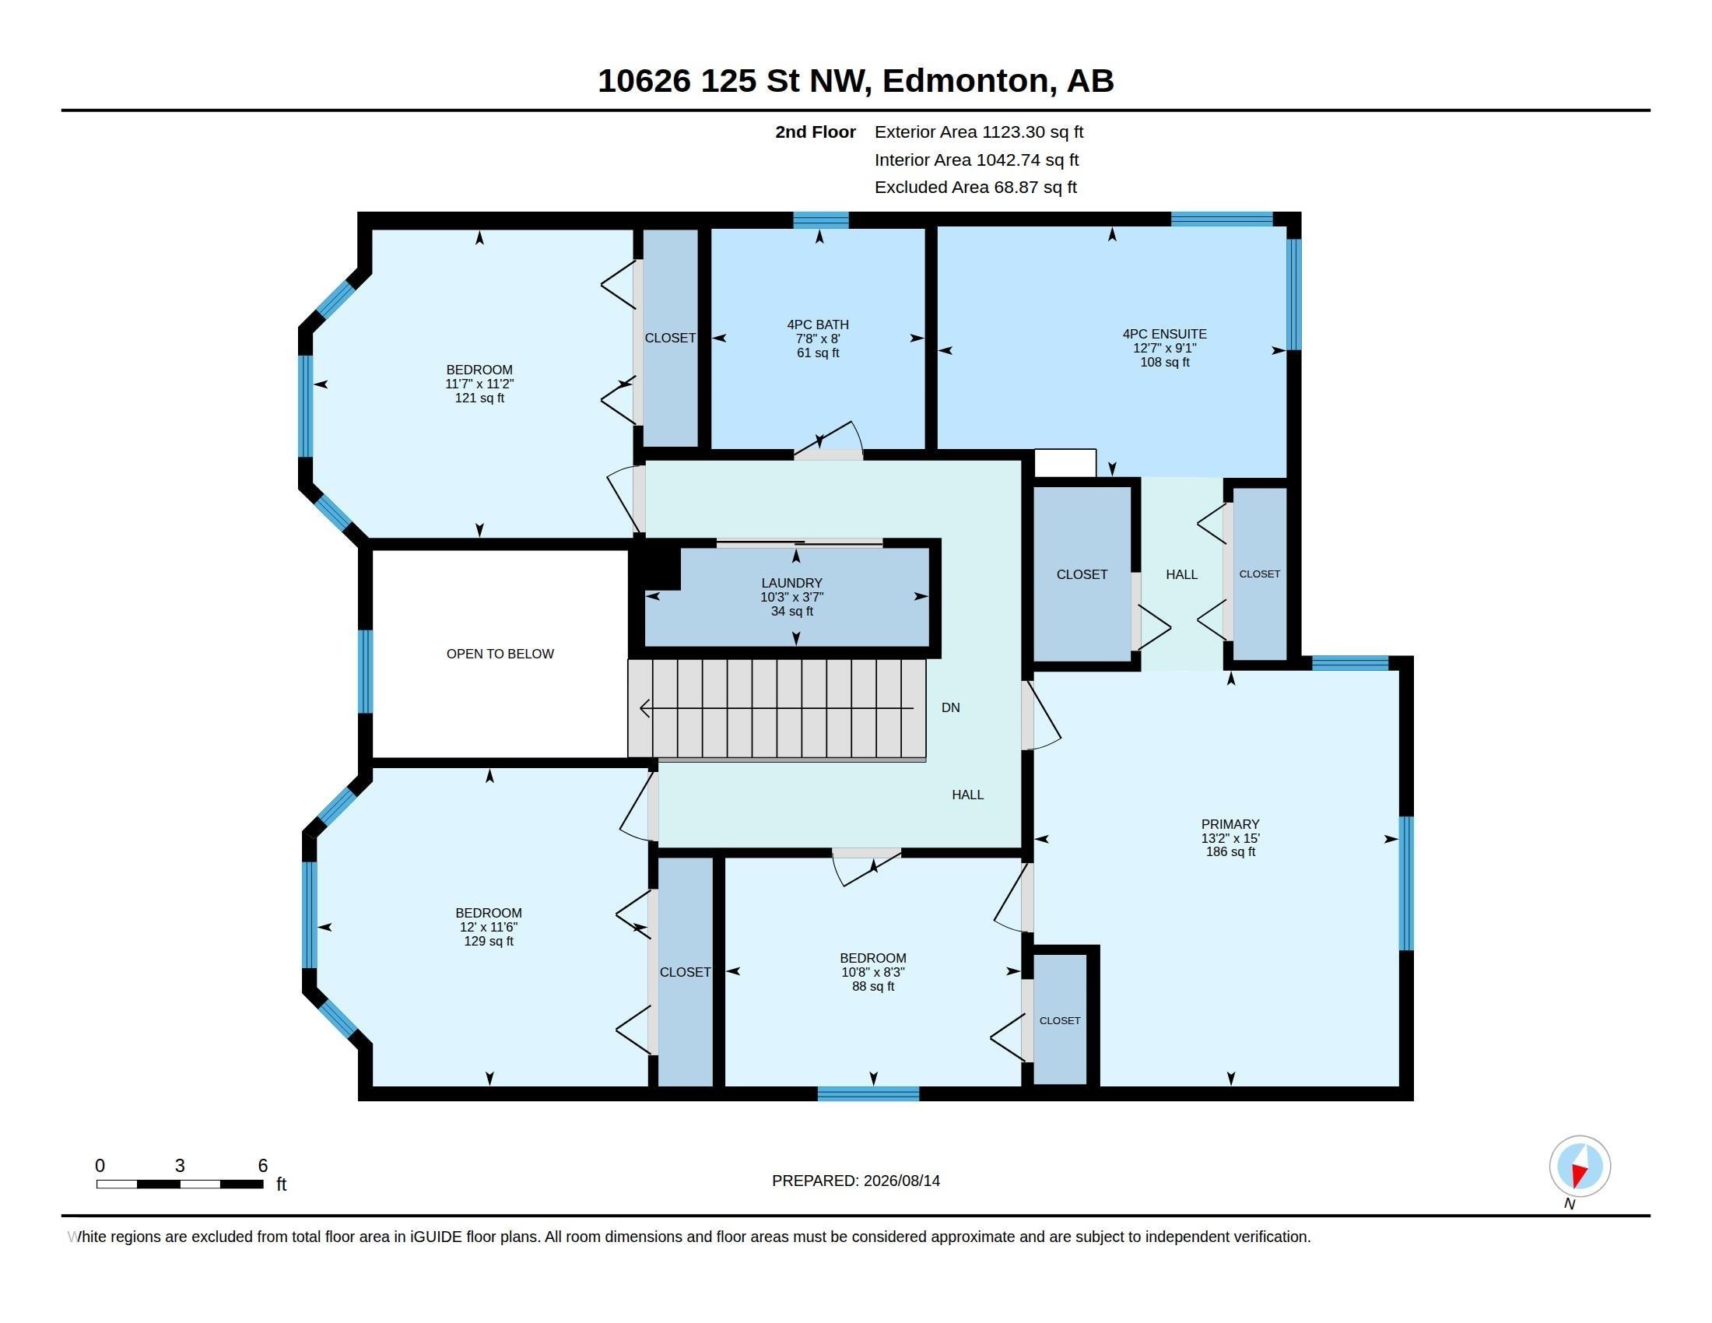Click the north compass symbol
[x=1580, y=1166]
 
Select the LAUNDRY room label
[x=791, y=583]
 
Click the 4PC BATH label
[x=818, y=325]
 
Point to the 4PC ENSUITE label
[x=1164, y=334]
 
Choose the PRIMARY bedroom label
[x=1230, y=824]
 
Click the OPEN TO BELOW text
[x=500, y=654]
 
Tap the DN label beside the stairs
[x=950, y=707]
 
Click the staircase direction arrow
[x=777, y=708]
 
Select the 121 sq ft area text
[x=479, y=398]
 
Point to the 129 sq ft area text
[x=489, y=942]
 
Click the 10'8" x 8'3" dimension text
[x=872, y=972]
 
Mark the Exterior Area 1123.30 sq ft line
[x=978, y=132]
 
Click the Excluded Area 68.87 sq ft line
[x=975, y=188]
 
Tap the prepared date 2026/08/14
[x=900, y=1181]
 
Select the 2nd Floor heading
[x=816, y=132]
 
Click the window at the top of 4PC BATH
[x=821, y=220]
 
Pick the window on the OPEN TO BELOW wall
[x=365, y=671]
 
